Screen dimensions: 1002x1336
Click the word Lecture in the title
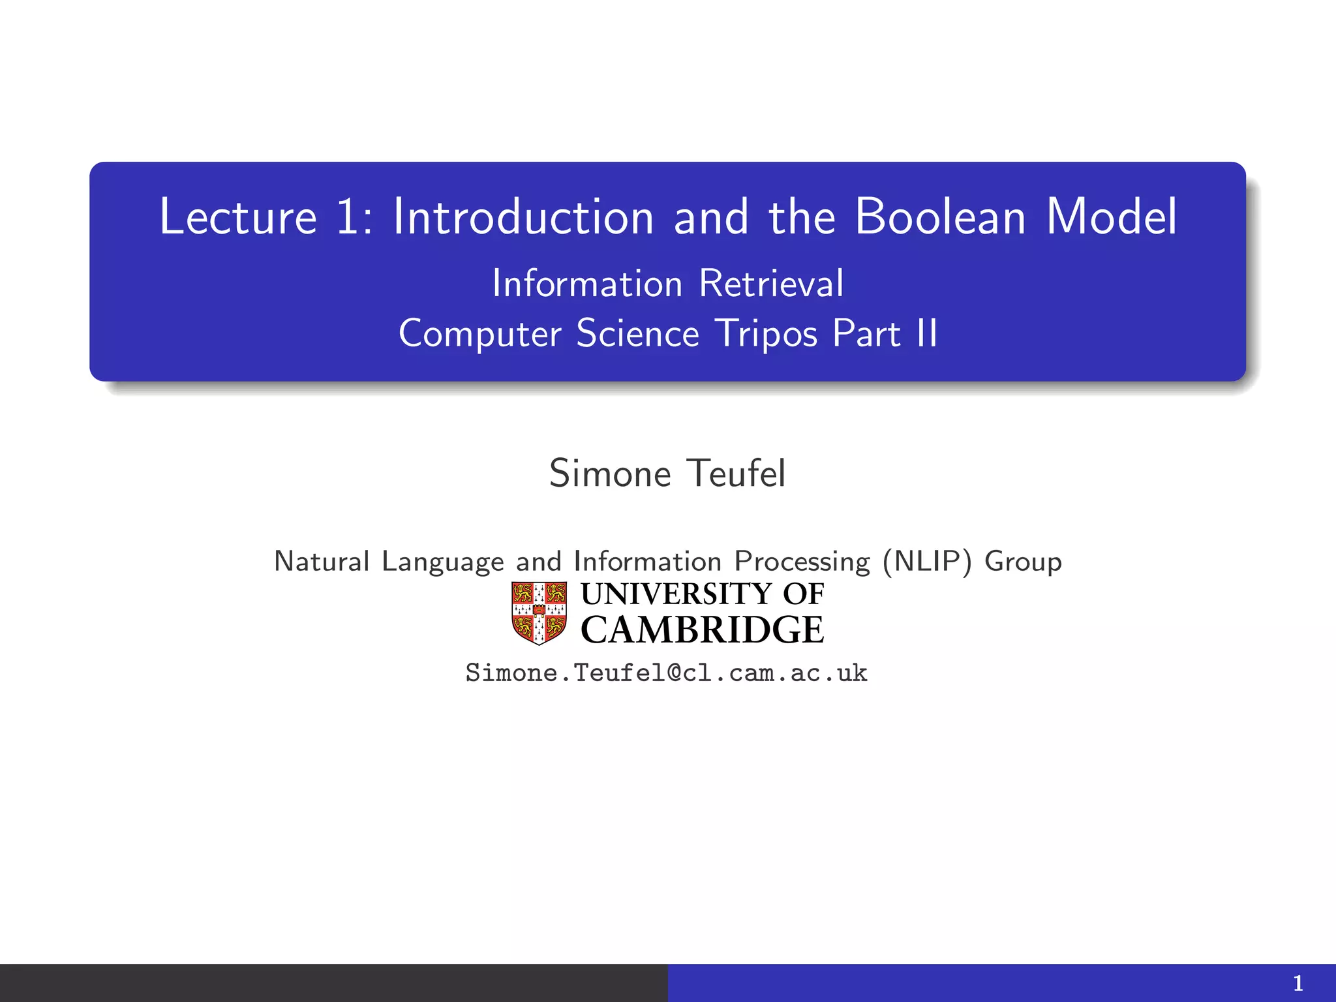click(x=237, y=217)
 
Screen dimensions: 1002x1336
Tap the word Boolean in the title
click(x=940, y=217)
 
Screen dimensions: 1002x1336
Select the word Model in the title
click(x=1112, y=217)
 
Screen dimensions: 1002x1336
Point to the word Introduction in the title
click(x=523, y=217)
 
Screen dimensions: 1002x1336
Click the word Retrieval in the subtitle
click(x=771, y=284)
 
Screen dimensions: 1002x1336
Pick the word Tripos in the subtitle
click(x=766, y=334)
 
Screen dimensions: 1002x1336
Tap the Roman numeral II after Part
click(x=926, y=333)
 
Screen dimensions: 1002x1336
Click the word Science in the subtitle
click(x=637, y=333)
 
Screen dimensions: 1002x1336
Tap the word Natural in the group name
click(x=322, y=562)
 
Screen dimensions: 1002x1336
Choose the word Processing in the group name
click(x=802, y=562)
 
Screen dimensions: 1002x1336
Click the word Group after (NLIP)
click(x=1023, y=562)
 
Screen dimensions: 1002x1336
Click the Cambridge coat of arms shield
click(x=539, y=613)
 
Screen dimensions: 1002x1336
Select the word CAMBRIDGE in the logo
click(x=702, y=630)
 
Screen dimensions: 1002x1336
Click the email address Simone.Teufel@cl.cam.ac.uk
click(x=666, y=673)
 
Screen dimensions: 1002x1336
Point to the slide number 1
click(x=1298, y=983)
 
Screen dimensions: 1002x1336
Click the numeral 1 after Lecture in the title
click(x=348, y=217)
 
